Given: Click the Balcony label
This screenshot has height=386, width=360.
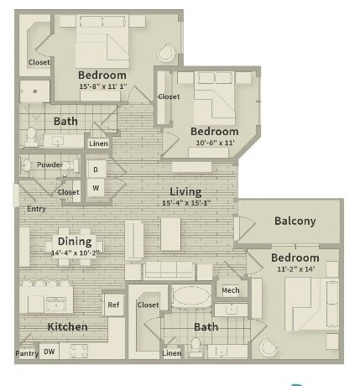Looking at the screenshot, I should tap(295, 222).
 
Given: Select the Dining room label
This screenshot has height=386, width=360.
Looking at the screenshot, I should tap(75, 241).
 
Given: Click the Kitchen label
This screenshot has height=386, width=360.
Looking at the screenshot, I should tap(68, 326).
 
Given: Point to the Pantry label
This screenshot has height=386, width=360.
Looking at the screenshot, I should tap(26, 353).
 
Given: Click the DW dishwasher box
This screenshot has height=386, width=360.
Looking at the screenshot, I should tap(50, 352).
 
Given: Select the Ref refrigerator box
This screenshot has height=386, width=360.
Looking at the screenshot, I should tap(113, 305).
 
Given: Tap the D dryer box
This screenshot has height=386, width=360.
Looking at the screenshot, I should tap(95, 170).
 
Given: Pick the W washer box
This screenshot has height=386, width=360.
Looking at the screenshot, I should tap(95, 187).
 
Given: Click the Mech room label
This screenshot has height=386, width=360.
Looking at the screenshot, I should tap(229, 290).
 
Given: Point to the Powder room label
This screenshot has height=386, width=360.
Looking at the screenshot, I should tap(50, 164).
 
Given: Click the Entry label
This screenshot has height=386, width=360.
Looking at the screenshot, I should tap(36, 209).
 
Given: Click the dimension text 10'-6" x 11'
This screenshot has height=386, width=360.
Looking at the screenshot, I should tap(214, 144).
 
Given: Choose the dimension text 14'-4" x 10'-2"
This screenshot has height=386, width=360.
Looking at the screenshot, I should tap(76, 253).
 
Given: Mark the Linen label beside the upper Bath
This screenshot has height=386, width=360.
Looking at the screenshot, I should tap(98, 143).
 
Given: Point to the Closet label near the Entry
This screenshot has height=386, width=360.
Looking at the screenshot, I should tap(68, 192).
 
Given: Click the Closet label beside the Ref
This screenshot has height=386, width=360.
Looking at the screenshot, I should tap(149, 305).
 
